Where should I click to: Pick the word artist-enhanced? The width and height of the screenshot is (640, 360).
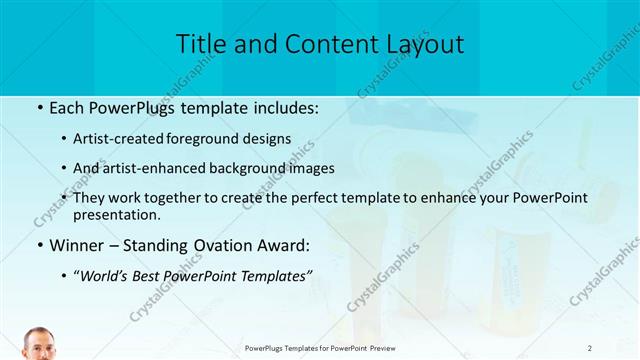coord(152,168)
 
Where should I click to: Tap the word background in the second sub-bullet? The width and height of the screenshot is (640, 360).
coord(246,168)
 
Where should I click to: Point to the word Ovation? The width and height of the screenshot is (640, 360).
coord(222,244)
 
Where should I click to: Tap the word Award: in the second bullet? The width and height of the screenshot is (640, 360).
coord(284,244)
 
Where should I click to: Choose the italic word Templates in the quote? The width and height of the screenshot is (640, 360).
coord(277,275)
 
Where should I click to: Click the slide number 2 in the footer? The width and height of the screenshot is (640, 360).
coord(590,347)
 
